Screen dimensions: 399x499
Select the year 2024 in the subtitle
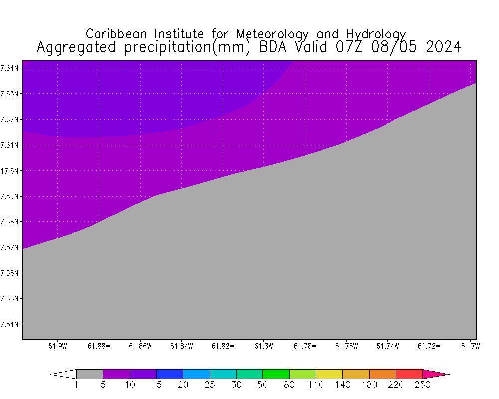(x=441, y=47)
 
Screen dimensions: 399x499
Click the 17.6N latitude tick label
(x=10, y=171)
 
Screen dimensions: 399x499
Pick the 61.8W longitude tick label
(x=263, y=346)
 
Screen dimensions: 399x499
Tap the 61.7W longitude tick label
(x=469, y=346)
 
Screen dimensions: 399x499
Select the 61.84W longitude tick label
(x=181, y=346)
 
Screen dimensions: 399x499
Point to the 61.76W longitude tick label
(x=346, y=346)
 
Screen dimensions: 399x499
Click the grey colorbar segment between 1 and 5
(x=90, y=374)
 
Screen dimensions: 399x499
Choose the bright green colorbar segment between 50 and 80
(x=276, y=374)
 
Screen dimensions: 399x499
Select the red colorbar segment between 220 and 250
(x=409, y=374)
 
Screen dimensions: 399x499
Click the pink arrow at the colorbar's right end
(x=435, y=374)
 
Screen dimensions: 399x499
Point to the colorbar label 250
(x=423, y=385)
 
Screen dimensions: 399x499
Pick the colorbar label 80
(x=289, y=385)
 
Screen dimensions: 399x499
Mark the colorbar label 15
(x=156, y=385)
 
